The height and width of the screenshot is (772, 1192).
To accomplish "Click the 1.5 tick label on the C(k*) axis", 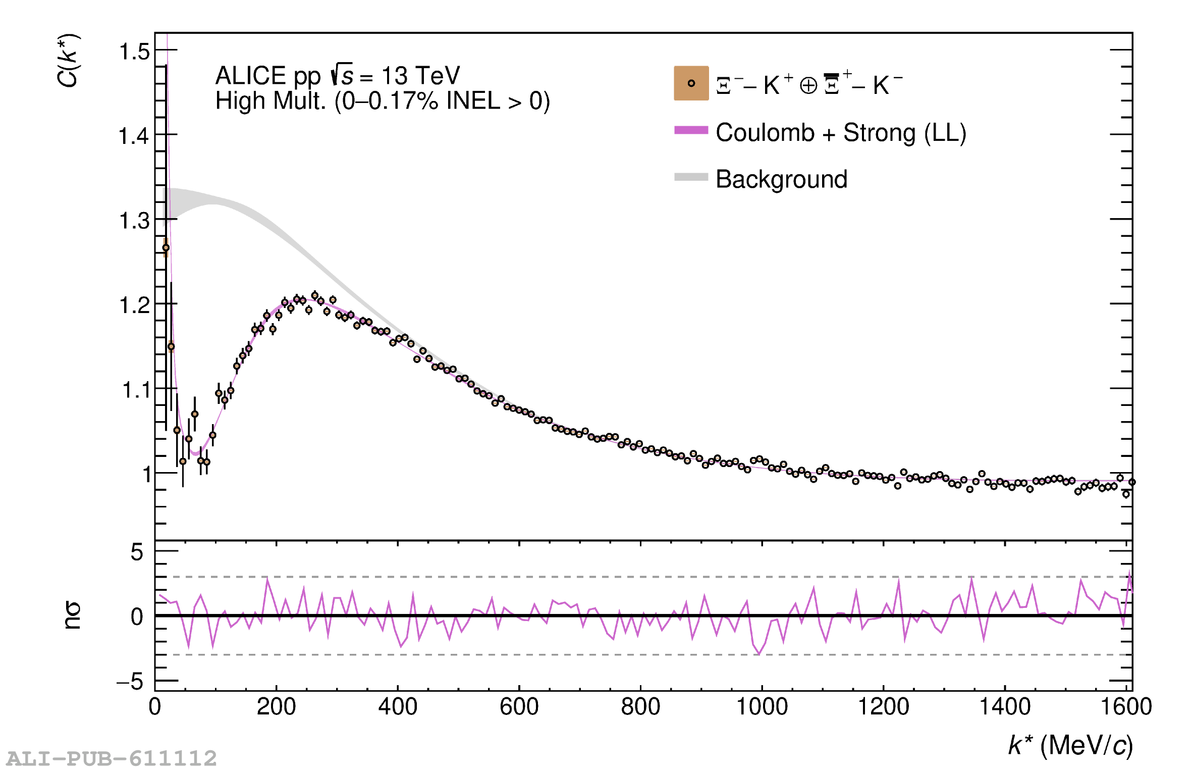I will pos(134,52).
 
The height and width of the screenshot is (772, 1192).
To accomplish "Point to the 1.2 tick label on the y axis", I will pos(134,305).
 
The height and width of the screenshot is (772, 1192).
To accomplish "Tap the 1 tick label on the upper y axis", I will pos(146,475).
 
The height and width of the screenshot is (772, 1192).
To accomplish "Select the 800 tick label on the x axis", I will pos(640,706).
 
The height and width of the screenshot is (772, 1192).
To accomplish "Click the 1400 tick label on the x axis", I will pos(1004,706).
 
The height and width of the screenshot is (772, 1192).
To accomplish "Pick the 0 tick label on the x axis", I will pos(154,706).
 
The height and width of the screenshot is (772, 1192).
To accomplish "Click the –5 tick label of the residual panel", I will pos(130,682).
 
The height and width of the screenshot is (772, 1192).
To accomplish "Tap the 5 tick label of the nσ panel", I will pos(137,552).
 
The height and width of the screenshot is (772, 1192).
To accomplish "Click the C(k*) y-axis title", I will pos(68,61).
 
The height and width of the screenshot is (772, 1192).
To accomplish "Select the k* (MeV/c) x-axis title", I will pos(1070,745).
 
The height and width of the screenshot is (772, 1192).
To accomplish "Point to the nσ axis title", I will pos(72,615).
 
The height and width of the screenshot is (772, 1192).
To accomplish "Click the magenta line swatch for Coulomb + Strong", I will pos(691,130).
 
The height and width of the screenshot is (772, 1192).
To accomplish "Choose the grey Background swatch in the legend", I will pos(691,177).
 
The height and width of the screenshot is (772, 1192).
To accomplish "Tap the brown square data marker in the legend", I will pos(691,83).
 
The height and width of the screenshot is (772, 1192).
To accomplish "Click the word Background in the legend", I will pos(781,179).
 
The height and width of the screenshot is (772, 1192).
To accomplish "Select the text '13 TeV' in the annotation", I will pos(420,76).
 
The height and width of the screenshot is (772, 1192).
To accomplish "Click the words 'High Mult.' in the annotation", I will pos(270,101).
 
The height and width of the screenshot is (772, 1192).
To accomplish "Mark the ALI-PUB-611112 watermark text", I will pos(112,758).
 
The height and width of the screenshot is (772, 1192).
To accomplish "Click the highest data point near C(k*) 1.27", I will pos(166,247).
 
